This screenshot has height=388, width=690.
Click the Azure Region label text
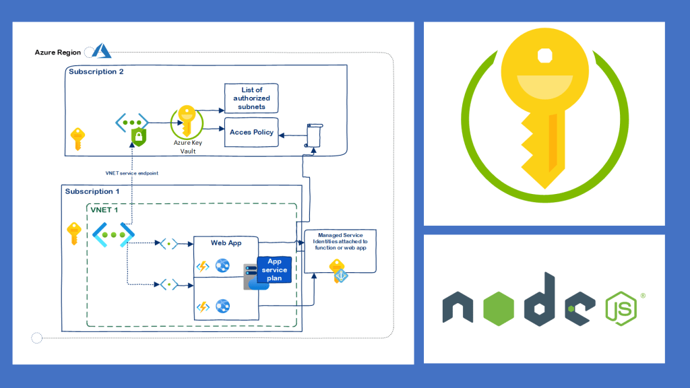click(x=58, y=52)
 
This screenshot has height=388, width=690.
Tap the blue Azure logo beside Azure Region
click(x=101, y=51)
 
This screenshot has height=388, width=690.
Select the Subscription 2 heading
click(x=96, y=71)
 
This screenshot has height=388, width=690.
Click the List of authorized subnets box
click(x=251, y=98)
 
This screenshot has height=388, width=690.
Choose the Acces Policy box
click(x=251, y=133)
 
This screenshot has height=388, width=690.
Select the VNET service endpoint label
click(x=132, y=173)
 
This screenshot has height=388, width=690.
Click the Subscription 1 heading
click(x=93, y=192)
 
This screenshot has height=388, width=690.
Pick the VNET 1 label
click(x=105, y=210)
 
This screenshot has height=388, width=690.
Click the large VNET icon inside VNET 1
click(x=113, y=234)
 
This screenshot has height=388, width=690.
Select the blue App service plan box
click(x=274, y=269)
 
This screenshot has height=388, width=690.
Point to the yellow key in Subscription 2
click(x=78, y=139)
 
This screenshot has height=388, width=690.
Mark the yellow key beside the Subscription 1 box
click(x=74, y=233)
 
